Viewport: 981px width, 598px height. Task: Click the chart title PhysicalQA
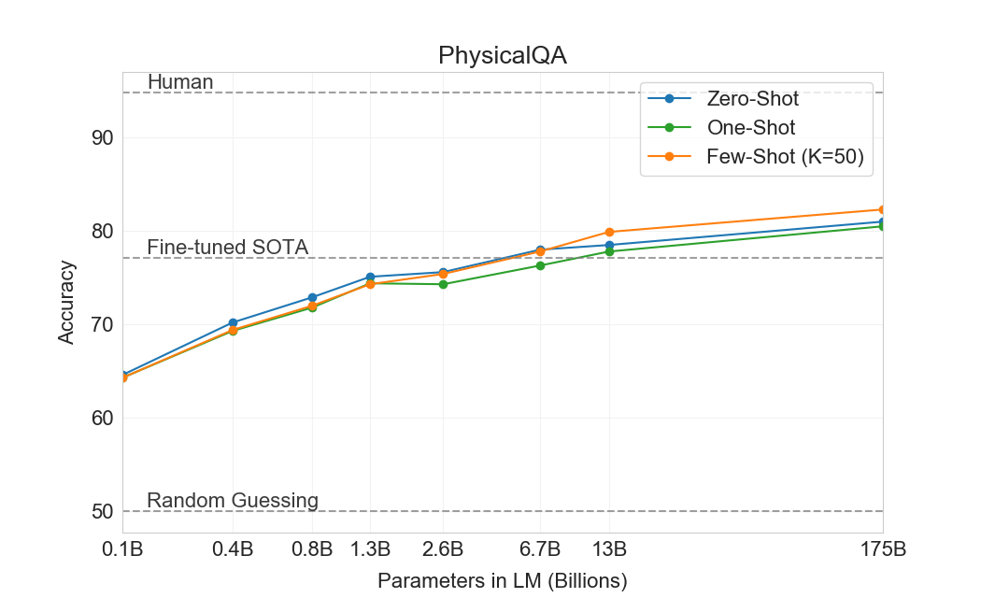point(502,56)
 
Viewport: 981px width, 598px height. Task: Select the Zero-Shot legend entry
point(752,98)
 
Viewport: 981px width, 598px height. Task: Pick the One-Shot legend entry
point(751,128)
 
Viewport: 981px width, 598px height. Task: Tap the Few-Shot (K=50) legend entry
point(789,158)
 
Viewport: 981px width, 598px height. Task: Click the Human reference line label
point(180,82)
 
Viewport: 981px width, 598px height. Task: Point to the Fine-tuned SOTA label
point(228,248)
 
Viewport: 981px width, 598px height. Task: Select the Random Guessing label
point(233,501)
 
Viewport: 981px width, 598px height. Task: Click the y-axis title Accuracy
point(66,302)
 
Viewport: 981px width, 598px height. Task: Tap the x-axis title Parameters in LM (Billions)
point(502,580)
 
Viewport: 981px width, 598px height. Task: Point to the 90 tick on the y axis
point(103,137)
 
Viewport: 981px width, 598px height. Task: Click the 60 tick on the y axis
point(103,418)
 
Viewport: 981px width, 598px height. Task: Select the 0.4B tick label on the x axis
point(233,549)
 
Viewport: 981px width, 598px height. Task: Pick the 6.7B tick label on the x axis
point(540,549)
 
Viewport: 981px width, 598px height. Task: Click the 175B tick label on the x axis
point(882,549)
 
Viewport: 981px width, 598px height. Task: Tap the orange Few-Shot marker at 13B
point(609,232)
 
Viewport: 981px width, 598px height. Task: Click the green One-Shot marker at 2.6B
point(443,284)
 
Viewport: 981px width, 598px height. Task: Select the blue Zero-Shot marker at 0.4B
point(233,322)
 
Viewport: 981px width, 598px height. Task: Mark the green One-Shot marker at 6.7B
point(540,265)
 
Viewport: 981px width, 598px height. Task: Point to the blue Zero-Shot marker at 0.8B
point(312,297)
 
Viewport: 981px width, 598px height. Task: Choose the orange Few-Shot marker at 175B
point(882,209)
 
